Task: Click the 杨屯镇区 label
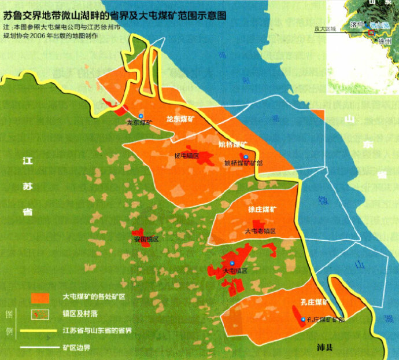click(186, 156)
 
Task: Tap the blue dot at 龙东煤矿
click(139, 115)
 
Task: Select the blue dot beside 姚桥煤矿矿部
click(245, 157)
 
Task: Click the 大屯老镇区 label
click(260, 230)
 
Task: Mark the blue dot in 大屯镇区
click(232, 263)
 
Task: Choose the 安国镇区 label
click(146, 238)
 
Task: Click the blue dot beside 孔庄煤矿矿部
click(303, 319)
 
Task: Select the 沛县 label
click(326, 347)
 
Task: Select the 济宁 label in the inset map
click(357, 25)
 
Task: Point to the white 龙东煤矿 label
click(180, 119)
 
